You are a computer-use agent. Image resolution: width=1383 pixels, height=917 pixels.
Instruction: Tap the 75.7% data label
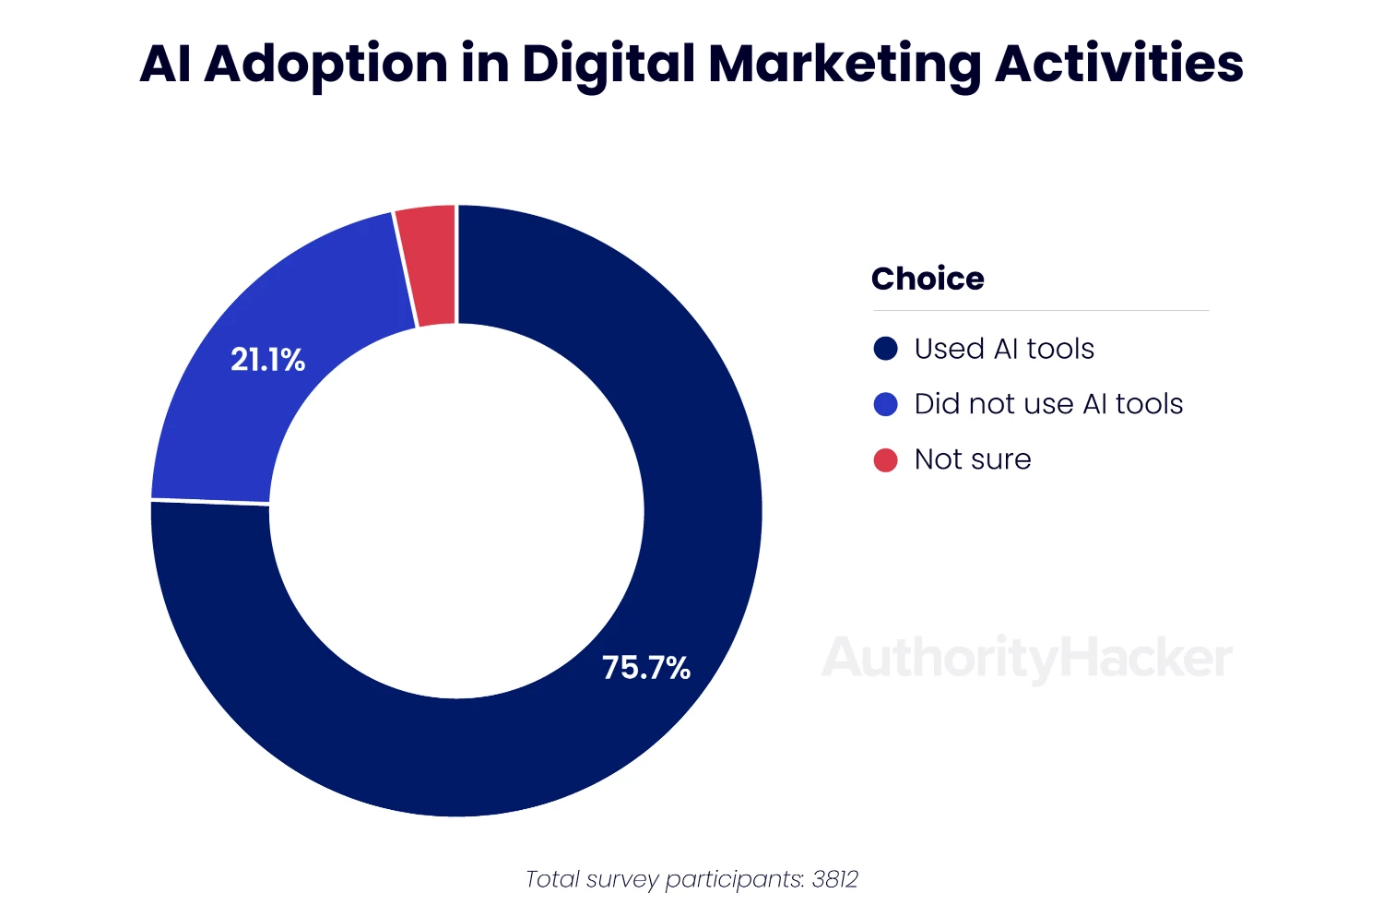pyautogui.click(x=645, y=668)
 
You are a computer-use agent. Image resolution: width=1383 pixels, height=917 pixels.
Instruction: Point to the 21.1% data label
pyautogui.click(x=267, y=360)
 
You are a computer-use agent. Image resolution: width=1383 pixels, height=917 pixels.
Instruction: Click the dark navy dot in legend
pyautogui.click(x=885, y=349)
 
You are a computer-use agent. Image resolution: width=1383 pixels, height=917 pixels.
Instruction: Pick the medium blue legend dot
pyautogui.click(x=885, y=404)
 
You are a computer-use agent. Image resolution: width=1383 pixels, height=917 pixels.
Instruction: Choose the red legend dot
pyautogui.click(x=885, y=459)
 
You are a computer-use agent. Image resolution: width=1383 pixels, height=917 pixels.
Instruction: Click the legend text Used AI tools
pyautogui.click(x=1004, y=349)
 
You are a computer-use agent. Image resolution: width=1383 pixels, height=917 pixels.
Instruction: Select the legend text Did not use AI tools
pyautogui.click(x=1048, y=404)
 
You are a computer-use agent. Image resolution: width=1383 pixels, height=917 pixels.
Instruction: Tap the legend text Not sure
pyautogui.click(x=973, y=459)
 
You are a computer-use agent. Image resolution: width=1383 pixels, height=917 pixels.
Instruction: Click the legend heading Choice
pyautogui.click(x=928, y=279)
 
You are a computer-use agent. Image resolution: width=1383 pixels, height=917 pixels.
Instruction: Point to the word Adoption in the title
pyautogui.click(x=325, y=65)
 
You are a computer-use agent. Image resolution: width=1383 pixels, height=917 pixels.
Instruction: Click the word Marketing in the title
pyautogui.click(x=845, y=65)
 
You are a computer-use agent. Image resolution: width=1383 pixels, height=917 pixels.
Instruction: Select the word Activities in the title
pyautogui.click(x=1118, y=63)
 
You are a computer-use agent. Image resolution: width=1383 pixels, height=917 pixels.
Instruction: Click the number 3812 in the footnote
pyautogui.click(x=835, y=879)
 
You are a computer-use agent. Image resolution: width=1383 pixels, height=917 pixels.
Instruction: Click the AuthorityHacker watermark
pyautogui.click(x=1026, y=659)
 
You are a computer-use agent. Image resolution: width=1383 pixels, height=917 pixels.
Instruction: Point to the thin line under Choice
pyautogui.click(x=1040, y=311)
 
